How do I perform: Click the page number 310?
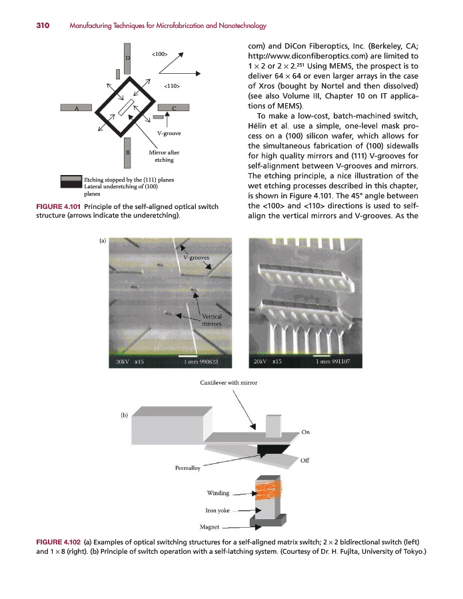point(24,26)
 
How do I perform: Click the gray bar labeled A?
point(78,107)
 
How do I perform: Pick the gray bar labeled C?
point(174,107)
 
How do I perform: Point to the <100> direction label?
point(160,53)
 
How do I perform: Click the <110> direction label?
point(172,86)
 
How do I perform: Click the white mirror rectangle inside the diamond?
point(125,106)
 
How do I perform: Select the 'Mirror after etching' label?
point(163,156)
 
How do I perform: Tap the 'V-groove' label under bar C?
point(169,134)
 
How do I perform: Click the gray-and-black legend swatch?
point(71,182)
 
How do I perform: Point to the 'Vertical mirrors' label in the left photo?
point(211,319)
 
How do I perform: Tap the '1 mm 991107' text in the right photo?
point(338,362)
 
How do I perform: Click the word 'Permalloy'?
point(187,469)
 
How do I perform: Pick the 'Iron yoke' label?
point(219,510)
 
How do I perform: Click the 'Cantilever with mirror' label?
point(229,383)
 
